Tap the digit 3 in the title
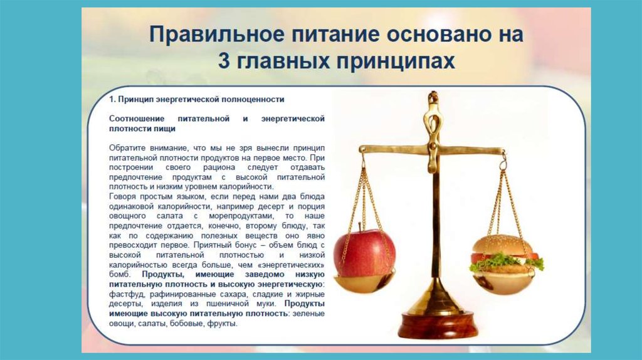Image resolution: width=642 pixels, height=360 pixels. pyautogui.click(x=224, y=61)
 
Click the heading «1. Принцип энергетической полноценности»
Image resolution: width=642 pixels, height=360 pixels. pyautogui.click(x=197, y=99)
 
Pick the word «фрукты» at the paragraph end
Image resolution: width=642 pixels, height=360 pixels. pyautogui.click(x=224, y=324)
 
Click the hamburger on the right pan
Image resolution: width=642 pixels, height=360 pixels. pyautogui.click(x=505, y=257)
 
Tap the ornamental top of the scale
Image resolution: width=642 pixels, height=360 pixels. pyautogui.click(x=432, y=103)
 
